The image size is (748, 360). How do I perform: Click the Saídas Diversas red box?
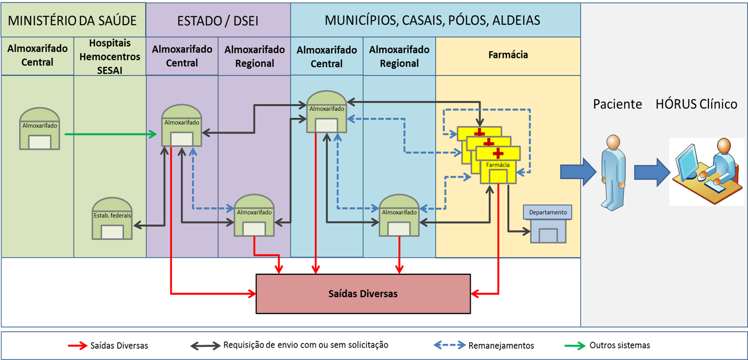(363, 294)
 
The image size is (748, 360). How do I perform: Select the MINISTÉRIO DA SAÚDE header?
(72, 20)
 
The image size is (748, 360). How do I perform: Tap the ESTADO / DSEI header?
(218, 20)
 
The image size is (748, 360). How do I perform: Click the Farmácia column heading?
(508, 55)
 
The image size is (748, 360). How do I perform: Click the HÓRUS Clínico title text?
(696, 104)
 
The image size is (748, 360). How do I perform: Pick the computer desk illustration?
(706, 171)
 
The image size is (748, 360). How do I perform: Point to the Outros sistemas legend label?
(619, 346)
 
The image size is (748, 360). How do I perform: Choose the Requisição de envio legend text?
(305, 345)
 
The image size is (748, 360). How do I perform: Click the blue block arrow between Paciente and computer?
(652, 172)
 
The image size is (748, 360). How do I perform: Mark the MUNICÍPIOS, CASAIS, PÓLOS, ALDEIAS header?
(432, 20)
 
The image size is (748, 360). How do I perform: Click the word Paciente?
(617, 104)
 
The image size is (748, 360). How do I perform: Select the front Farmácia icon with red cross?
(498, 165)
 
